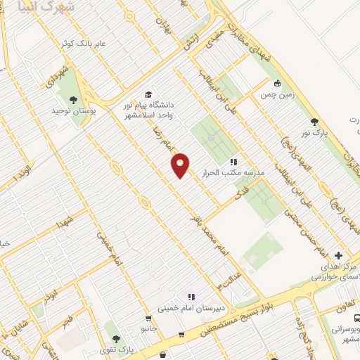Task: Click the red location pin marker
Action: pos(181,165)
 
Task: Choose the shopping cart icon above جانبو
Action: pos(147,318)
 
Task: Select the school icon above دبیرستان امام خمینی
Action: pos(191,297)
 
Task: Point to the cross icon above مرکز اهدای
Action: pos(338,255)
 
